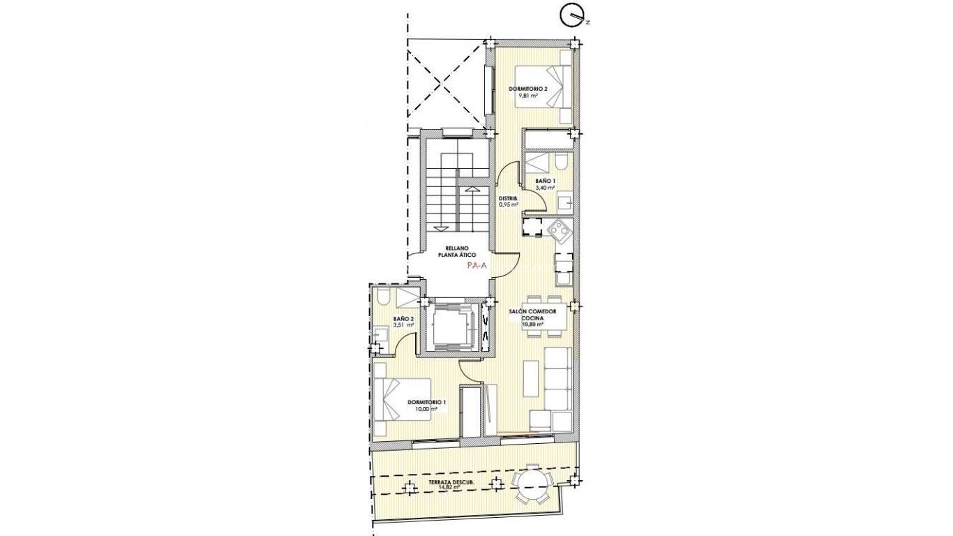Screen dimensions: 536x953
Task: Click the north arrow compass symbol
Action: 573,13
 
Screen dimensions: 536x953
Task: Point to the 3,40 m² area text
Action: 545,188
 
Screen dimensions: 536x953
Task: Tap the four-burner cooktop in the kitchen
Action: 560,227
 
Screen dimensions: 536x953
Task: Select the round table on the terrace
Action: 532,484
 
